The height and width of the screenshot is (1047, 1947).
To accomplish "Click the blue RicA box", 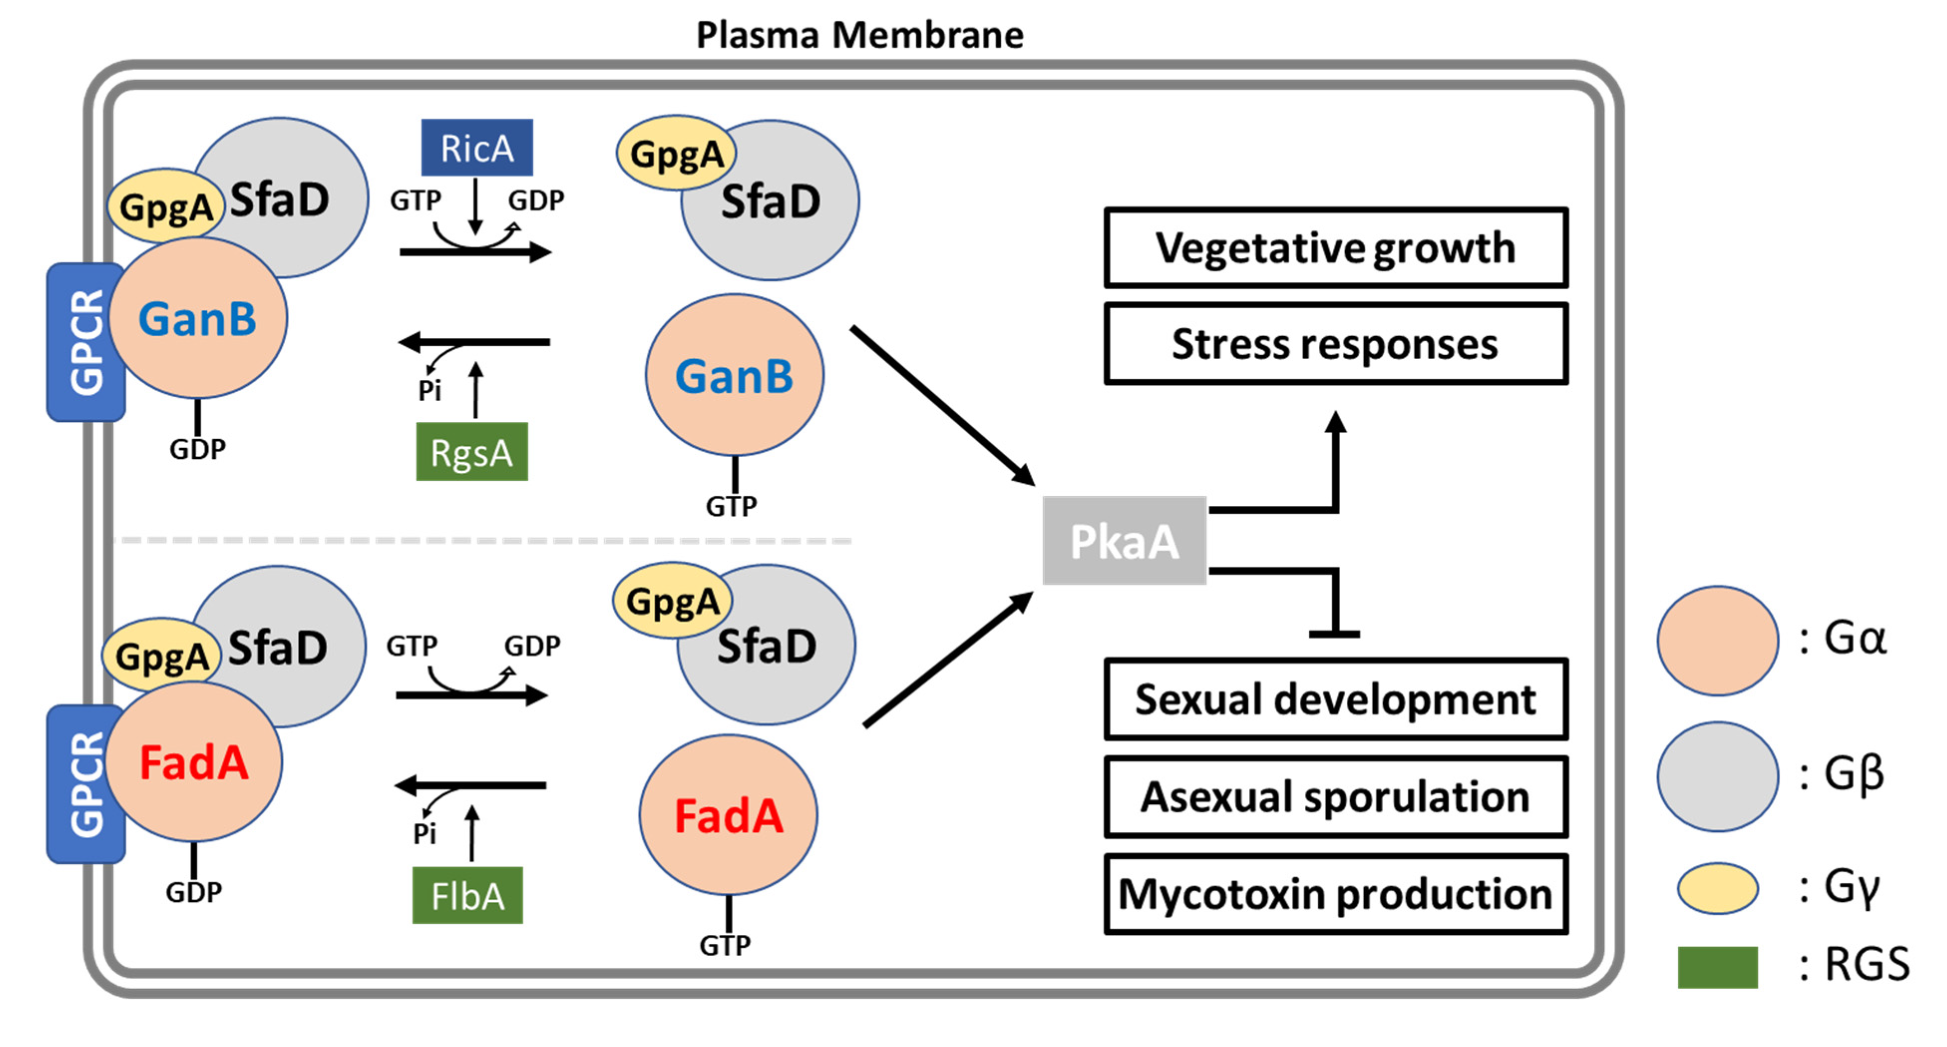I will coord(476,148).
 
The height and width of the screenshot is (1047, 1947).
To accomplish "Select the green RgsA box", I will coord(472,452).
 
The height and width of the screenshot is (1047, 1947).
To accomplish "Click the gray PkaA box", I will coord(1124,541).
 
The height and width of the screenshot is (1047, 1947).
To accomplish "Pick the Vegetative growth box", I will coord(1336,248).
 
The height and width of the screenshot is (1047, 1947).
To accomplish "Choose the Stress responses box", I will coord(1336,344).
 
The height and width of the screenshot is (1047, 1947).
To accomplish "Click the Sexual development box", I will coord(1336,699).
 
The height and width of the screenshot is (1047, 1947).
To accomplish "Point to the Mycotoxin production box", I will coord(1336,894).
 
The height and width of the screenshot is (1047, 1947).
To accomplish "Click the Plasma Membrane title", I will coord(860,35).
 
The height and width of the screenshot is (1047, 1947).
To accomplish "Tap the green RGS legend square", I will coord(1717,967).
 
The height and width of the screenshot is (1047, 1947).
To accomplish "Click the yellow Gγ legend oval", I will coord(1717,888).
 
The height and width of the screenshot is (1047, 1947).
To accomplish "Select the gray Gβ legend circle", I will coord(1717,776).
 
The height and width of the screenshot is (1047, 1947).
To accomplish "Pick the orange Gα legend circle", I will coord(1717,640).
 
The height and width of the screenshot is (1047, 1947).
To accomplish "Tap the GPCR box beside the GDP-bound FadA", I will coord(85,784).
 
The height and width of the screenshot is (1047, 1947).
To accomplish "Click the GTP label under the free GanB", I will coord(731,506).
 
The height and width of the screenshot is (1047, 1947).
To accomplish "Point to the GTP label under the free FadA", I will coord(725,945).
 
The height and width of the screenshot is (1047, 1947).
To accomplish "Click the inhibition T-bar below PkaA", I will coord(1335,633).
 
